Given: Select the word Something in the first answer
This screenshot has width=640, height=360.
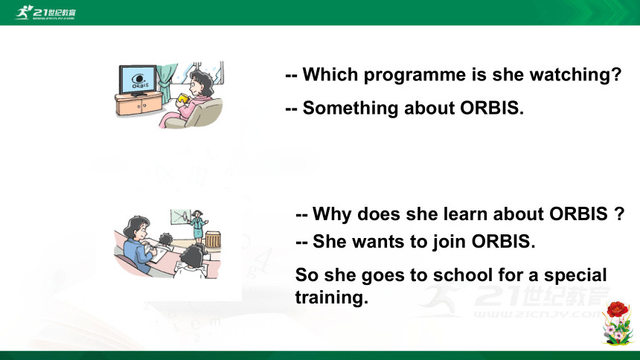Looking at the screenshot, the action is [351, 108].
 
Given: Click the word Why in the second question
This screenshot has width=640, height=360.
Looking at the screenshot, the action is [331, 214].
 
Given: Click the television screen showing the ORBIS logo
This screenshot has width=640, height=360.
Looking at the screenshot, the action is [138, 80].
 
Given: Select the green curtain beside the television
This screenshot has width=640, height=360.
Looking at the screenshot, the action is [167, 83].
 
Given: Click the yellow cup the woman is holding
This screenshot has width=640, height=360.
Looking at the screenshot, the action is [183, 98].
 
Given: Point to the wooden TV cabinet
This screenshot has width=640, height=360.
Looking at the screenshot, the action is [138, 103].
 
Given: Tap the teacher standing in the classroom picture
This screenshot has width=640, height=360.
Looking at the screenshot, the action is [199, 225].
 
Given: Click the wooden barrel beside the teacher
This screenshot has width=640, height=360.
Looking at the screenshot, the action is [213, 240].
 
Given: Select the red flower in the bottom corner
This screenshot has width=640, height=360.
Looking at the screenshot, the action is [617, 309].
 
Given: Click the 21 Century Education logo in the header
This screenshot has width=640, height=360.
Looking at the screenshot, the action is [45, 12].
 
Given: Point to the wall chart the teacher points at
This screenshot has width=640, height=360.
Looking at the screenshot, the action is [180, 216].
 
